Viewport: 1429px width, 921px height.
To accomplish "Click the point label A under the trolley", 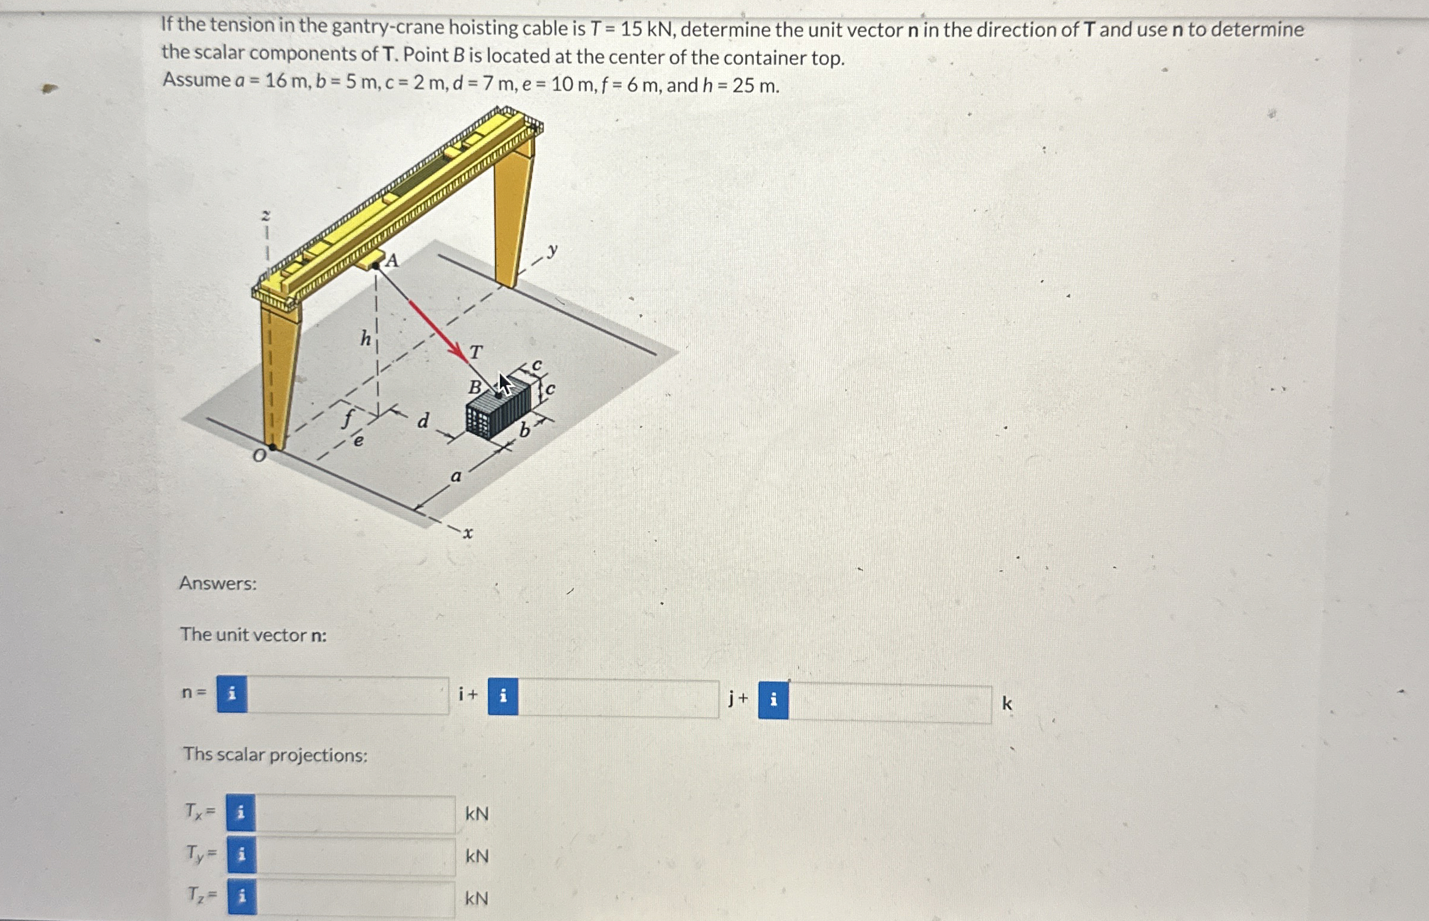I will pos(392,260).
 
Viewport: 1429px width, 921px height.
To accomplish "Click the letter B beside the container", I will pos(474,387).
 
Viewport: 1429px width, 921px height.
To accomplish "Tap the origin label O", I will pos(258,456).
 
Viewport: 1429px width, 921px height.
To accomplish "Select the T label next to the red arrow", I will pos(475,352).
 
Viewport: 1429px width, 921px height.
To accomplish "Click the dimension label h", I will pos(366,339).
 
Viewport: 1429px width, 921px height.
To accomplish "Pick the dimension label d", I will pos(423,421).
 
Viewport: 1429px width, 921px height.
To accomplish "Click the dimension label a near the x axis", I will pos(456,477).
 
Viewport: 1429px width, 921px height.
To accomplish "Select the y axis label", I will pos(553,250).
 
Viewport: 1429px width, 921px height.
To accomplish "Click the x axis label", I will pos(468,533).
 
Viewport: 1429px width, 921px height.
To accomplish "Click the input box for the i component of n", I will pos(348,696).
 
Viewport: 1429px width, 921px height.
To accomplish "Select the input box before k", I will pos(889,704).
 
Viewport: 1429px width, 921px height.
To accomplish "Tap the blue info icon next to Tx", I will pos(240,813).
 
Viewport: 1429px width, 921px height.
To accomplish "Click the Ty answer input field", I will pos(355,857).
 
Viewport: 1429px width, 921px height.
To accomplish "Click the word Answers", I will pos(218,583).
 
